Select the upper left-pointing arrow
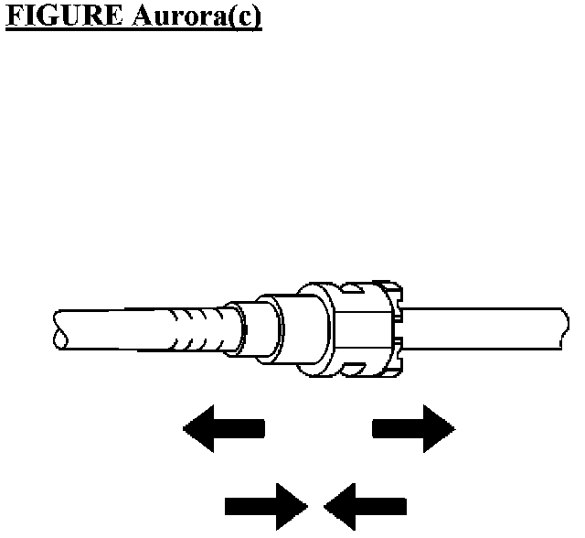tap(224, 428)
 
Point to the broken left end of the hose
tap(59, 330)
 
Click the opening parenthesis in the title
tap(232, 19)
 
